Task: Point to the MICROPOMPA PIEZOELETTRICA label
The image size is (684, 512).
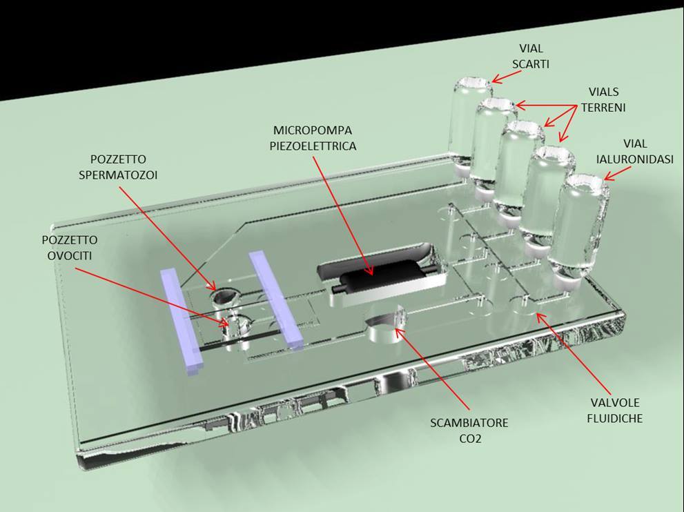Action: click(x=314, y=138)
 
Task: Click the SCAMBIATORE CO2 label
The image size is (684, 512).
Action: click(x=469, y=430)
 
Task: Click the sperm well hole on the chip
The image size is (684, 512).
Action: click(x=224, y=297)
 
